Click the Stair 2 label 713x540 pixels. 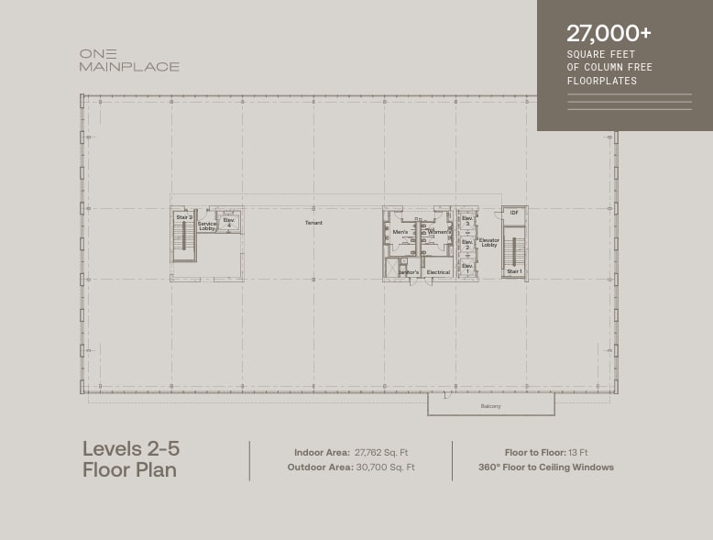[183, 217]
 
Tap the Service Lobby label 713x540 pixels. [207, 226]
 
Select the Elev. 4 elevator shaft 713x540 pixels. [229, 222]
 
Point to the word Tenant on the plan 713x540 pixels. [313, 223]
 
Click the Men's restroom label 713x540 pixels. [400, 232]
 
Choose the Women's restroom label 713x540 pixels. [439, 232]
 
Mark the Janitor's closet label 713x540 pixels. [408, 272]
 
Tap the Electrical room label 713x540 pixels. [438, 272]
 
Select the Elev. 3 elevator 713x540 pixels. [466, 221]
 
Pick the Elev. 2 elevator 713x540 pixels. [466, 246]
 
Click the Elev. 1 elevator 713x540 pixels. [466, 269]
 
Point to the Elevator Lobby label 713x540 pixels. [489, 243]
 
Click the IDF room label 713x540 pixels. [514, 214]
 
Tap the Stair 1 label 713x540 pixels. [514, 271]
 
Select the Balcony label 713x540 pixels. [491, 406]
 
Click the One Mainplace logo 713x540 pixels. [128, 61]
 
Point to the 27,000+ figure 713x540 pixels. [609, 33]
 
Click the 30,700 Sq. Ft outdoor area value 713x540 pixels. [385, 468]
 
